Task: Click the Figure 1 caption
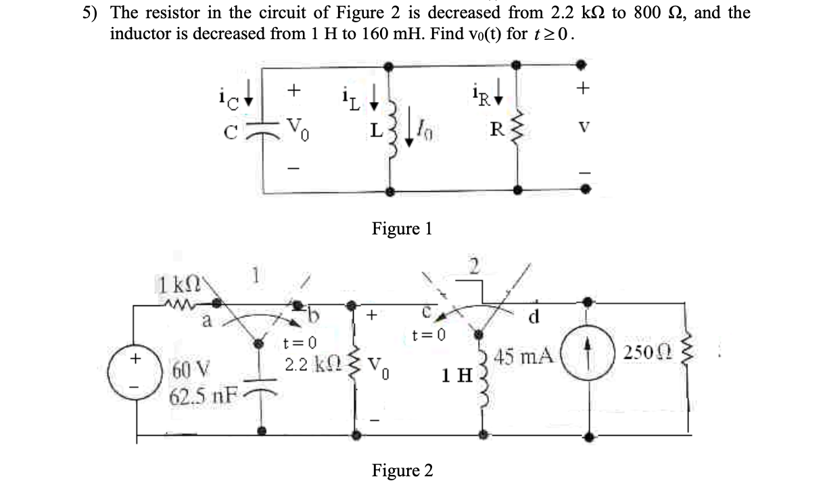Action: coord(402,228)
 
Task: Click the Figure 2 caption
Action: coord(402,470)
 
